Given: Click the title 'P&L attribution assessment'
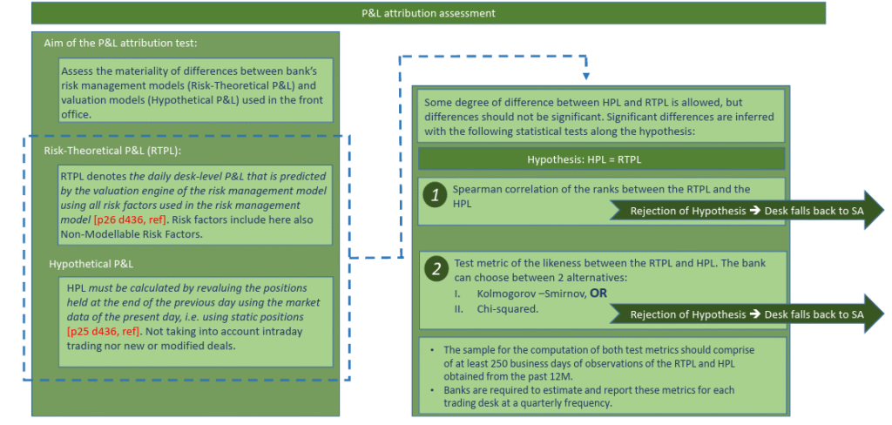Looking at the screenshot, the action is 429,13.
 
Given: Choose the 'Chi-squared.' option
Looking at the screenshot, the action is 508,309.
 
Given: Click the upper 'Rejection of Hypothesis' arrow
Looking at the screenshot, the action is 747,211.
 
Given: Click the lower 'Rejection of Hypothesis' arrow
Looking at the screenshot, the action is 747,314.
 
